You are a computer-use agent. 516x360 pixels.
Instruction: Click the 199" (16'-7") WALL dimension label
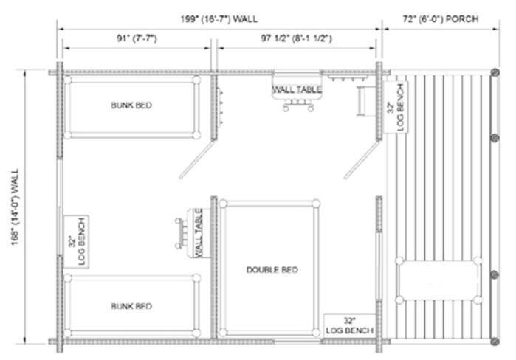219,18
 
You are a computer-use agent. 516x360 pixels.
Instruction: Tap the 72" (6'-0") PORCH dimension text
441,19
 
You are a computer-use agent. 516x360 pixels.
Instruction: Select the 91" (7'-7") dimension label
137,38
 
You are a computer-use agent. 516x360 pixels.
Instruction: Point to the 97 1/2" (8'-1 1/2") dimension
297,38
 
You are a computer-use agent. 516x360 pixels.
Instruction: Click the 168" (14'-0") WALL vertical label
16,207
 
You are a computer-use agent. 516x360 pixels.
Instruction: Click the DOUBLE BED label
272,270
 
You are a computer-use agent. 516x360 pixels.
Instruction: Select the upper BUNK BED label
131,105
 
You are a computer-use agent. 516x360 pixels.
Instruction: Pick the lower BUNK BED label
131,306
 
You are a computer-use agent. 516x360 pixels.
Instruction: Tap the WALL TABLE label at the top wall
297,89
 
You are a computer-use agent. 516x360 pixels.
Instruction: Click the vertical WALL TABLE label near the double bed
199,233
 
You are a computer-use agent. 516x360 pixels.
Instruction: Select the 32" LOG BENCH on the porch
396,108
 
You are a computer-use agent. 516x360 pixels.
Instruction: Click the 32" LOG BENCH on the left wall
77,242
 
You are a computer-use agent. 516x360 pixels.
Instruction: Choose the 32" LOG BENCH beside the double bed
349,326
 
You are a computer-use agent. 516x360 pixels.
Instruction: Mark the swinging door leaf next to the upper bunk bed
197,159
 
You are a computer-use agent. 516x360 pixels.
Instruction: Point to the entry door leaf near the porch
362,160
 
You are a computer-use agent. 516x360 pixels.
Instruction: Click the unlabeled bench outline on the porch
438,280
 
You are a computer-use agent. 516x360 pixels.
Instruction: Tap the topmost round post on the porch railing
495,72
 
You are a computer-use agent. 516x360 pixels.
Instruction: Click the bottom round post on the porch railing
495,342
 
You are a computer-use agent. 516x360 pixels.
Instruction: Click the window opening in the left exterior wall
60,207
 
